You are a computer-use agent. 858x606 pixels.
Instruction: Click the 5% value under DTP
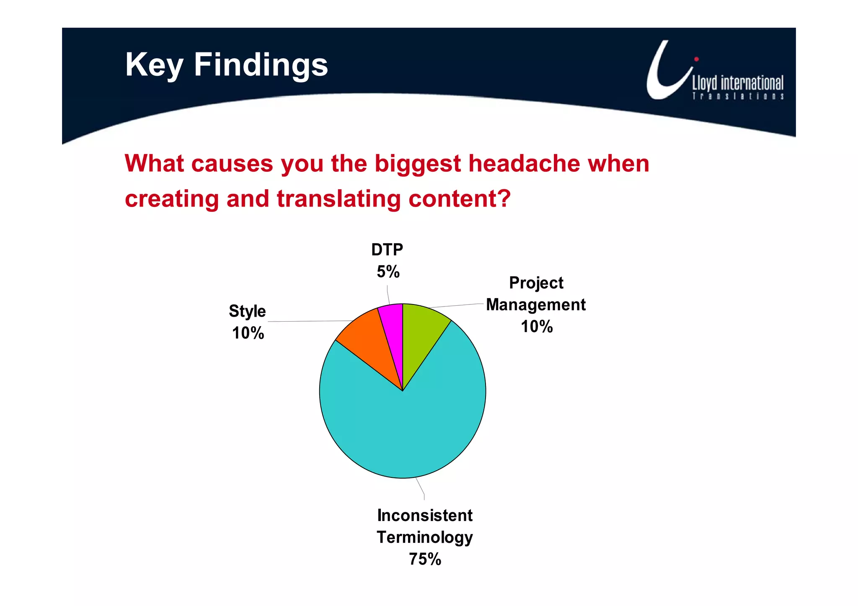[x=388, y=272]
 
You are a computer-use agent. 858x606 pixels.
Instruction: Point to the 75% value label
[x=425, y=559]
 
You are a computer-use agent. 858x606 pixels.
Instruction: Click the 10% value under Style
[x=248, y=333]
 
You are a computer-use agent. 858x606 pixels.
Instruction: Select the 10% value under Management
[x=537, y=327]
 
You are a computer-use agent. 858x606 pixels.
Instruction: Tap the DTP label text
[x=387, y=250]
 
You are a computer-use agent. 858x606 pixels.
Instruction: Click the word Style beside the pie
[x=247, y=311]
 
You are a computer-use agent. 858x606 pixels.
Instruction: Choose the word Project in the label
[x=536, y=283]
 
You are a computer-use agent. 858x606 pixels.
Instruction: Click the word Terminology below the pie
[x=425, y=537]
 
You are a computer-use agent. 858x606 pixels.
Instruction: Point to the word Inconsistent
[x=425, y=516]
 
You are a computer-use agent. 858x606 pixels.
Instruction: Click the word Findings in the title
[x=261, y=65]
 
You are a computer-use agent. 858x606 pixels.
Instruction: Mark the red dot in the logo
[x=696, y=59]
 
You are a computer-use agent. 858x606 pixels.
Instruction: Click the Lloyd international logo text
[x=737, y=83]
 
